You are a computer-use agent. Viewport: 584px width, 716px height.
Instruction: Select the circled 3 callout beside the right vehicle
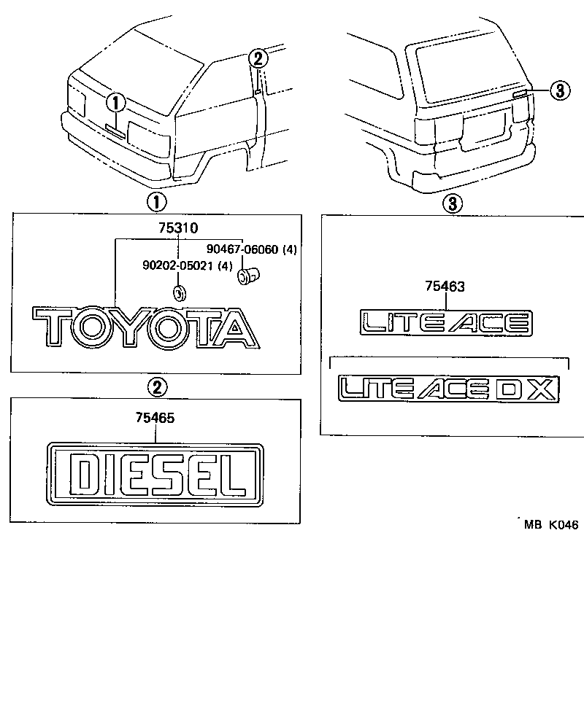[x=557, y=90]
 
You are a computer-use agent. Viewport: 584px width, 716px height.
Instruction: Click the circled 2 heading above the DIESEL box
[x=156, y=386]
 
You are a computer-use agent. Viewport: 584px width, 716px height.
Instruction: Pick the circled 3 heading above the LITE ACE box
[x=453, y=203]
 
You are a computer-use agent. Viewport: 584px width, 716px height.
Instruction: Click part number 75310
[x=178, y=227]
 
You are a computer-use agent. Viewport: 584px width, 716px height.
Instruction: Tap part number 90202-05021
[x=178, y=265]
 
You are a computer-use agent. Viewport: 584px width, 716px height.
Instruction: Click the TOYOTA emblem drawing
[x=145, y=327]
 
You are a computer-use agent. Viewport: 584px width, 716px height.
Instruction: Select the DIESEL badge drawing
[x=155, y=474]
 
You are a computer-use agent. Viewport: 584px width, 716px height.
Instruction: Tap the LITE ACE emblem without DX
[x=446, y=322]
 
